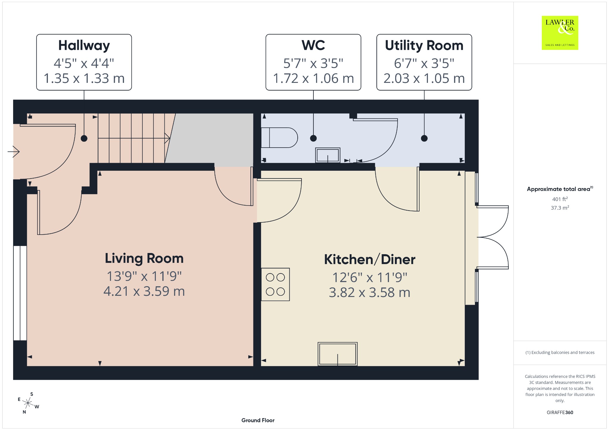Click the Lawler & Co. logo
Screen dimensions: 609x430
pos(560,33)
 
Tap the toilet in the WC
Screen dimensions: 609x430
pos(279,138)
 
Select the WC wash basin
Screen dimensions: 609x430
pos(328,155)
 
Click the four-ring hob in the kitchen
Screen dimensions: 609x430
pos(275,284)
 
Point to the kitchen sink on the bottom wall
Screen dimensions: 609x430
pos(338,354)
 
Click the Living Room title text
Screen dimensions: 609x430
pos(144,258)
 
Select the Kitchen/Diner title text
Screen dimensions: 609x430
pos(370,260)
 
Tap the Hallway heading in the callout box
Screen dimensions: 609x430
pos(84,46)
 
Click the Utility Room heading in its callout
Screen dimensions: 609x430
pos(424,45)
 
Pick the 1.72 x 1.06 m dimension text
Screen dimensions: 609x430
pos(313,78)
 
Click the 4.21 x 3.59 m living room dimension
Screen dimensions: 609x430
pos(144,291)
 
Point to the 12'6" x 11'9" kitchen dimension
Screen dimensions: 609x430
pos(370,278)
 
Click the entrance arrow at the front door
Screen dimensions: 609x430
pos(13,152)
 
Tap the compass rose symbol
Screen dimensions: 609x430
pos(28,403)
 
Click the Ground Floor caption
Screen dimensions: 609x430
pos(258,420)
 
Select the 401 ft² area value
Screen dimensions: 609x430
pos(560,199)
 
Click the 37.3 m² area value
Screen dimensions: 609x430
pos(560,208)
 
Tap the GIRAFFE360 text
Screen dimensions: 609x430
pos(560,412)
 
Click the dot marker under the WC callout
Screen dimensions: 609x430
pos(313,138)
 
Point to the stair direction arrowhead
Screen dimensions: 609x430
pos(168,138)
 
